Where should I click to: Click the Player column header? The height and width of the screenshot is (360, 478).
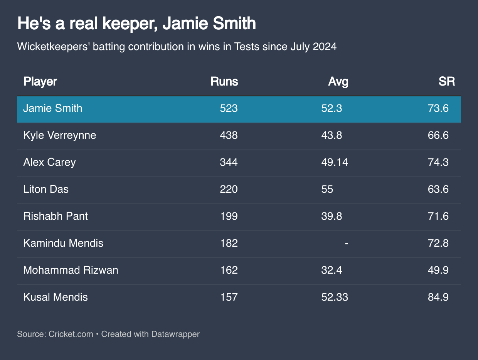coord(40,82)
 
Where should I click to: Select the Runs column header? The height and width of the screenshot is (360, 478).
coord(224,82)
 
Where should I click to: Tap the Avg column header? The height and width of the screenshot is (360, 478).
coord(338,82)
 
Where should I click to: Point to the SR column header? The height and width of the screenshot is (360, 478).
coord(446,82)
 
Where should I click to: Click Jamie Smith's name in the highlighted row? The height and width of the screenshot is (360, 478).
coord(53,108)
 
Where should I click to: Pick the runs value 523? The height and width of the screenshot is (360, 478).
coord(229,108)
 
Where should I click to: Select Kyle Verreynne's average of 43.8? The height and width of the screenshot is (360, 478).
coord(332,135)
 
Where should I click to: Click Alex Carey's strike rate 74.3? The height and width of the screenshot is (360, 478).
coord(438,162)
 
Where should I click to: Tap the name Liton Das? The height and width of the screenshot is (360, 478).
coord(46,189)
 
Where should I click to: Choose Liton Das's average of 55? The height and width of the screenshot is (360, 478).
coord(327,189)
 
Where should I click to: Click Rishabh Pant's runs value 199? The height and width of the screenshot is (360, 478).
coord(229,216)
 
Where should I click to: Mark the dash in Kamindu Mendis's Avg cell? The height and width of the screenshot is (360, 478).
coord(347,243)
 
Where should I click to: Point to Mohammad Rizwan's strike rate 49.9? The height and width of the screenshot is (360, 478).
coord(438,270)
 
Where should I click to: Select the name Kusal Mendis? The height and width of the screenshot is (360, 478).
coord(56,297)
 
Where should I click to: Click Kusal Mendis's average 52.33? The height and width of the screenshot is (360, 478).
coord(335,297)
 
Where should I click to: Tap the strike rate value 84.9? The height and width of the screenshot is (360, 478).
coord(438,297)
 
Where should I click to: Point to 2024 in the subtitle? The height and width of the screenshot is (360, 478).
coord(325,47)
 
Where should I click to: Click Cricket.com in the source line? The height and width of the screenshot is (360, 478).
coord(71,334)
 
